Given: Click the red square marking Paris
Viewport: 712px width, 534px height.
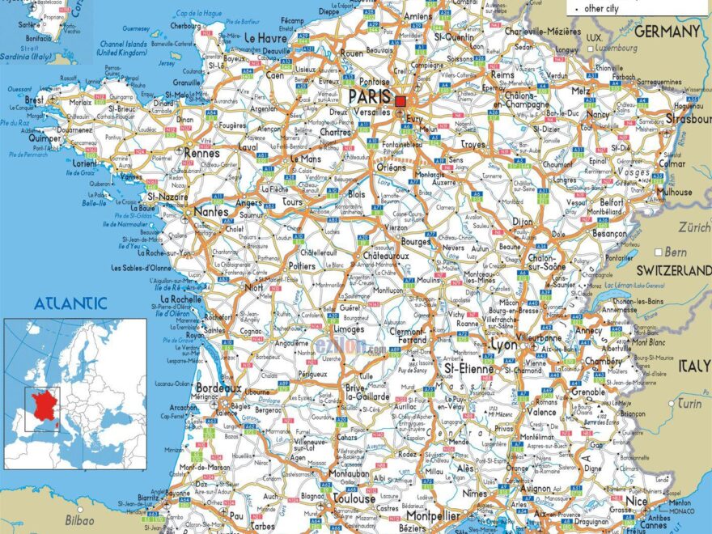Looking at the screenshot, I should point(400,101).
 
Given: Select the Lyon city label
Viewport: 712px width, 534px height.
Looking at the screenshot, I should point(503,345).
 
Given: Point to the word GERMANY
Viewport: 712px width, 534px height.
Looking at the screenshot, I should point(667,32).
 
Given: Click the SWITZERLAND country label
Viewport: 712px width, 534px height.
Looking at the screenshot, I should point(673,269).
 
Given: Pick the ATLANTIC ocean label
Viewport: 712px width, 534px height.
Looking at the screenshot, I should point(70,303).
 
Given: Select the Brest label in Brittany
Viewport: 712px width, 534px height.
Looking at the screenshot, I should point(34,100).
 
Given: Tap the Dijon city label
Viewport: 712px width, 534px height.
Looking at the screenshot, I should point(523,221).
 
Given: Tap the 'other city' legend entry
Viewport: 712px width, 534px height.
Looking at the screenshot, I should point(601,8).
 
